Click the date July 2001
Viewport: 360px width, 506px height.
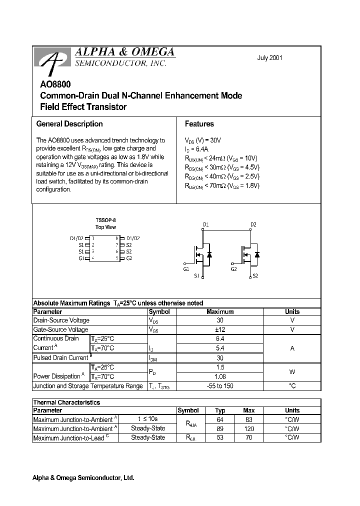pyautogui.click(x=269, y=57)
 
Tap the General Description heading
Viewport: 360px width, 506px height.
pyautogui.click(x=69, y=124)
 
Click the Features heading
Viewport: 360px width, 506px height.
pyautogui.click(x=199, y=124)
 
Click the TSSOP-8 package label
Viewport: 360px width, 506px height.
pyautogui.click(x=105, y=220)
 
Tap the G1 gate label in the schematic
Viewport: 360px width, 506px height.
pyautogui.click(x=186, y=269)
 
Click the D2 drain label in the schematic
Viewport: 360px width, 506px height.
pyautogui.click(x=253, y=224)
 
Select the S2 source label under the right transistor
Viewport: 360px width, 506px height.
pyautogui.click(x=255, y=276)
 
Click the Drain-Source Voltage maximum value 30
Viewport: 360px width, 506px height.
pyautogui.click(x=220, y=320)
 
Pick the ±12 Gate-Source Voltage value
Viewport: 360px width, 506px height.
pyautogui.click(x=220, y=329)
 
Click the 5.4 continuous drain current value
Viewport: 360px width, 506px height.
pyautogui.click(x=220, y=348)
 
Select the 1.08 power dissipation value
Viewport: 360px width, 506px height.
pyautogui.click(x=220, y=376)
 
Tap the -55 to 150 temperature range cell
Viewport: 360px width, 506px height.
pyautogui.click(x=220, y=386)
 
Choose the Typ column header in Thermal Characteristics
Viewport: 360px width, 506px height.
pyautogui.click(x=220, y=410)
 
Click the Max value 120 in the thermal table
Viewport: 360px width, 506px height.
pyautogui.click(x=249, y=428)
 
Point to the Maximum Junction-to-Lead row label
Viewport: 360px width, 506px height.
pyautogui.click(x=68, y=438)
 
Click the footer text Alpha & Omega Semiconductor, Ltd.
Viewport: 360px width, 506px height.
pyautogui.click(x=83, y=478)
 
